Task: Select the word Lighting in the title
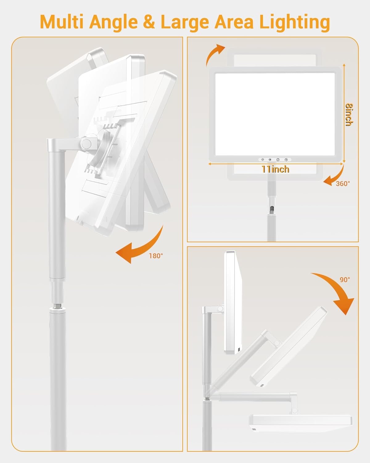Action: (294, 23)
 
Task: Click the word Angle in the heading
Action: (113, 23)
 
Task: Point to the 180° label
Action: (156, 256)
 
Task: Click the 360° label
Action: (343, 184)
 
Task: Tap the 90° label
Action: (345, 279)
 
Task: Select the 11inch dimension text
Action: (275, 169)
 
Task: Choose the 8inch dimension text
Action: (349, 115)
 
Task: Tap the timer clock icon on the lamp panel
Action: (278, 160)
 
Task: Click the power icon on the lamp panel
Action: (286, 160)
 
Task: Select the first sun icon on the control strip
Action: (262, 160)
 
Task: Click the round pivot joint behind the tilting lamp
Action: (87, 144)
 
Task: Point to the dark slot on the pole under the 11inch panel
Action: (272, 209)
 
